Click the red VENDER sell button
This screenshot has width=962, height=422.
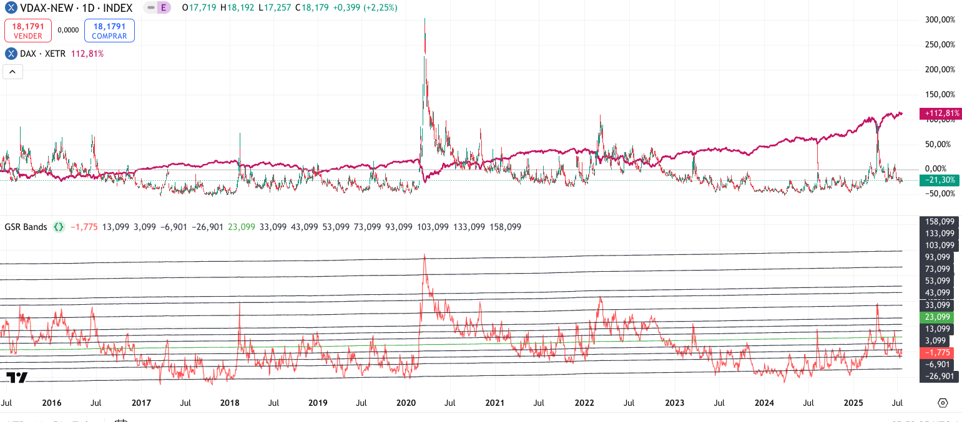click(28, 31)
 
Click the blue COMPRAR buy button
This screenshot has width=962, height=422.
click(109, 31)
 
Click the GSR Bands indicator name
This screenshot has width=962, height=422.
click(26, 227)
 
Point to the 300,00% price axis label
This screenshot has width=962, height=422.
click(940, 20)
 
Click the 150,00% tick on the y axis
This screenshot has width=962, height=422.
click(940, 95)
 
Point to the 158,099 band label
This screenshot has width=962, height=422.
click(939, 221)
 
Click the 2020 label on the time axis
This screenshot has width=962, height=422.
click(406, 403)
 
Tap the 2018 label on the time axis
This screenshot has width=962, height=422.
click(230, 403)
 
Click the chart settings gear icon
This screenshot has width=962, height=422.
click(943, 403)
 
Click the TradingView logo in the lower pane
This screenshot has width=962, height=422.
click(17, 377)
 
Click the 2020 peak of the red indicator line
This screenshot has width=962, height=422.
click(425, 254)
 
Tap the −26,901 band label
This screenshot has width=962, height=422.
click(939, 376)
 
